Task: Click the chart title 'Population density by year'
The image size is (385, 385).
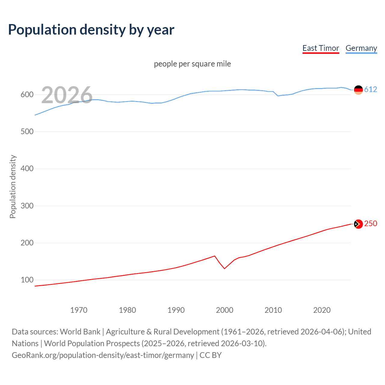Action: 91,30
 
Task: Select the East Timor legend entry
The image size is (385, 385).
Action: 321,48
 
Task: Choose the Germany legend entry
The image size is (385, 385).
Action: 361,48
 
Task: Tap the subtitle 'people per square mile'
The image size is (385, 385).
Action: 192,64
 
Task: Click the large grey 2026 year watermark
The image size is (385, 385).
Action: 67,95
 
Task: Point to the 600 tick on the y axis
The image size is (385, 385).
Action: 27,94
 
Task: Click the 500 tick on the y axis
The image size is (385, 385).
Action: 27,131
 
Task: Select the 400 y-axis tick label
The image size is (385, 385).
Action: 27,168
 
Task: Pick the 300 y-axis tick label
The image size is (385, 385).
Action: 27,206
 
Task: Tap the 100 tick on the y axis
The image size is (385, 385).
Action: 27,280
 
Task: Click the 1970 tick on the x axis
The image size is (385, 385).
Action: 79,310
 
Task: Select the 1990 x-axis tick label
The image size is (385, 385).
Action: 176,310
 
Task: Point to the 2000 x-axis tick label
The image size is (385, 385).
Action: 224,310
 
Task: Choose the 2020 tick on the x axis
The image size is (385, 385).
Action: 322,310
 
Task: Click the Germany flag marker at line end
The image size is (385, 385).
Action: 358,90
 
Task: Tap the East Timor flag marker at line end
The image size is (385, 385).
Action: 358,224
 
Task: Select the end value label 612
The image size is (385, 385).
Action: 371,89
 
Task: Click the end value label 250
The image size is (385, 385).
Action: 371,223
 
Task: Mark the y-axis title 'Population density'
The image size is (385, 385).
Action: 13,186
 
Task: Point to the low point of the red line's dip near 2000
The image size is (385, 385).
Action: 224,269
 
